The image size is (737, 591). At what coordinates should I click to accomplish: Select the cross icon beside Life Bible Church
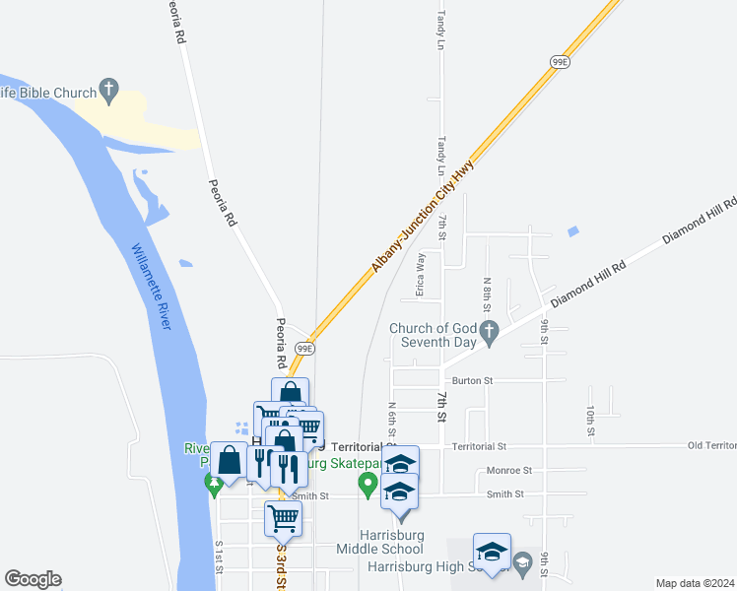(109, 90)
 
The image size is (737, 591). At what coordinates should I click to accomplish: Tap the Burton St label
(472, 380)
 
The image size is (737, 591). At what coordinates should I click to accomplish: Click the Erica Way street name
(421, 275)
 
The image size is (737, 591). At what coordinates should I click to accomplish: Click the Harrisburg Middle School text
(380, 542)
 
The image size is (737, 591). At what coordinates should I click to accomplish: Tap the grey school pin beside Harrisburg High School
(522, 563)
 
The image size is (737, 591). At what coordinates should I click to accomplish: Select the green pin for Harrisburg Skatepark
(368, 483)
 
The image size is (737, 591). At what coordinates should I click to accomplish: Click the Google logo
(33, 579)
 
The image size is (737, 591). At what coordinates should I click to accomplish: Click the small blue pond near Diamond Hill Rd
(573, 232)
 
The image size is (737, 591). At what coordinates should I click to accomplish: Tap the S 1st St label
(220, 557)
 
